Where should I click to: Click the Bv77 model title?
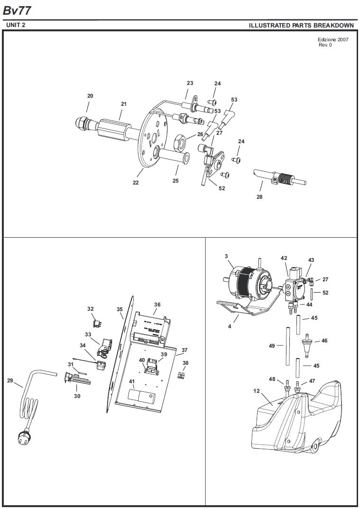click(17, 11)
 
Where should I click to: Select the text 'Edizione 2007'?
click(333, 39)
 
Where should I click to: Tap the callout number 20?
click(90, 96)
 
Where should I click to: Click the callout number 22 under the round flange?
click(136, 183)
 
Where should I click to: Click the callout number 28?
click(259, 197)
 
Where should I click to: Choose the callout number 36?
click(157, 305)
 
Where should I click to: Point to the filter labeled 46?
click(306, 344)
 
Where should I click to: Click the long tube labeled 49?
click(287, 346)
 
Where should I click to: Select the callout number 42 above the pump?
click(284, 259)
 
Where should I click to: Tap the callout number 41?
click(131, 381)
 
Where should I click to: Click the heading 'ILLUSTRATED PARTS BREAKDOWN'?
click(301, 25)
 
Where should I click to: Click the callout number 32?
click(90, 309)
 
